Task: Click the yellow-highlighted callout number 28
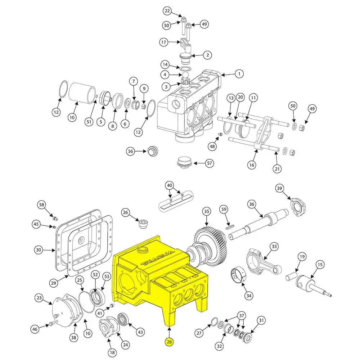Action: [169, 342]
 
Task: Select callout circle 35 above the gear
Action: [207, 211]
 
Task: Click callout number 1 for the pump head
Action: [239, 74]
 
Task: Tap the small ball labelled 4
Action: [185, 75]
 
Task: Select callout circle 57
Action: [210, 163]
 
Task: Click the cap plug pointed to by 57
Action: [185, 162]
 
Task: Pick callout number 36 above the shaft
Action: [252, 204]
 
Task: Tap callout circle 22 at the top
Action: [167, 11]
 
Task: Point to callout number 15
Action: [320, 265]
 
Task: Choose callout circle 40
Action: [170, 185]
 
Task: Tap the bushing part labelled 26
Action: [144, 224]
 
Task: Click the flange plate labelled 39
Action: [298, 207]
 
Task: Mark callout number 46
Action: [35, 329]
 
